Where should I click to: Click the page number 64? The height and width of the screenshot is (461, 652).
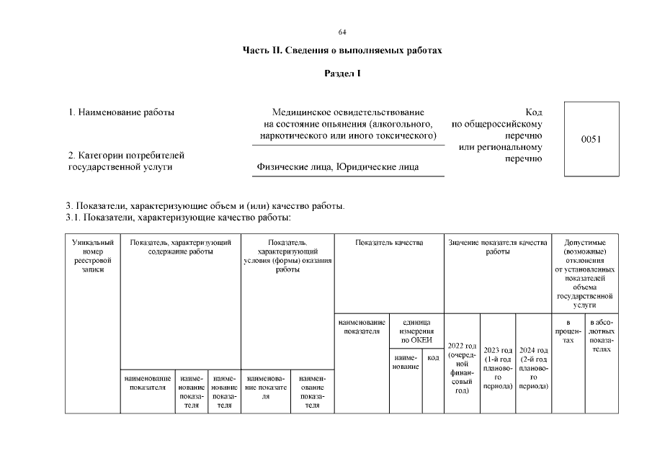(x=342, y=32)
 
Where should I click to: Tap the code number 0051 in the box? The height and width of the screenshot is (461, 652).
(x=591, y=139)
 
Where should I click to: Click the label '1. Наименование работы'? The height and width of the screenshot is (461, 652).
(x=121, y=112)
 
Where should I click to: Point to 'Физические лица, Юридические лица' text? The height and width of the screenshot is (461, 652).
(x=338, y=167)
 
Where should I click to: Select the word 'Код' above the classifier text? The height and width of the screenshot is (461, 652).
(x=533, y=112)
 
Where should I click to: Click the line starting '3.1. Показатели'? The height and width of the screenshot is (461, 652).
(x=179, y=217)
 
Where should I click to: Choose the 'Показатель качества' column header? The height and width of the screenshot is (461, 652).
(x=389, y=243)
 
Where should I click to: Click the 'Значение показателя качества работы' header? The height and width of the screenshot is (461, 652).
(x=498, y=248)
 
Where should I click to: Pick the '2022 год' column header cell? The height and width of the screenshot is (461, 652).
(x=462, y=367)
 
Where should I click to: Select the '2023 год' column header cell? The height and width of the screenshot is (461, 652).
(x=498, y=368)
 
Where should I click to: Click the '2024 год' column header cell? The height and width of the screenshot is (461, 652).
(x=534, y=368)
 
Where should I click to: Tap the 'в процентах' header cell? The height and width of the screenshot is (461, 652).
(x=568, y=331)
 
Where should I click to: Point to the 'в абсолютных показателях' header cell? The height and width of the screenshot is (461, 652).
(x=601, y=335)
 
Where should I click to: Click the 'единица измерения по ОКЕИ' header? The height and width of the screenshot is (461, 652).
(x=416, y=331)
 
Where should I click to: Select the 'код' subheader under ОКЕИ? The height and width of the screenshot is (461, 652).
(x=433, y=357)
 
